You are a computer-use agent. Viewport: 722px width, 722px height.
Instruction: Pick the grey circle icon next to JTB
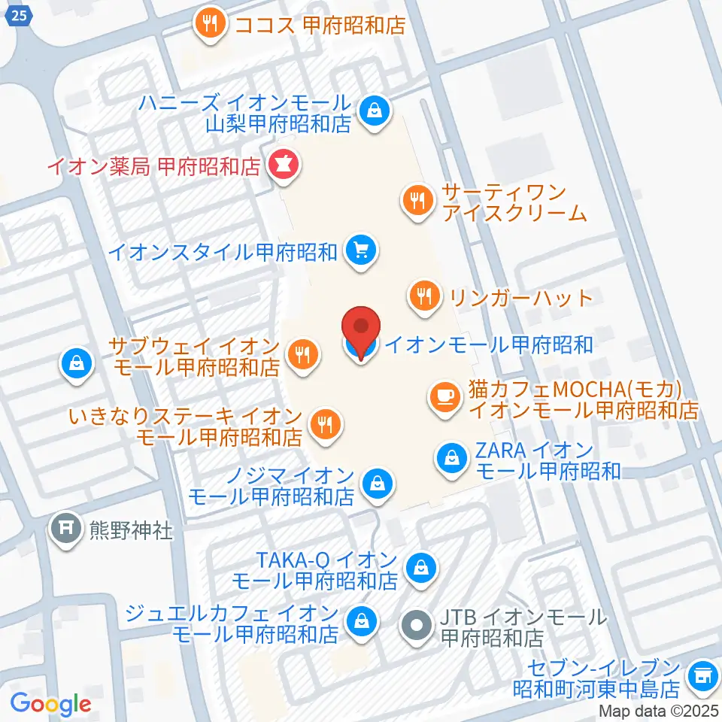[x=416, y=625]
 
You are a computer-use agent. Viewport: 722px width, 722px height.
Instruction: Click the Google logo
[x=51, y=704]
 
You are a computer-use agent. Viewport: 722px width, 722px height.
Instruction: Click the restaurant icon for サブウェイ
[x=304, y=353]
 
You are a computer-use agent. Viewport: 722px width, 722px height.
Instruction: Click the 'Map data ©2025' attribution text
[x=659, y=710]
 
